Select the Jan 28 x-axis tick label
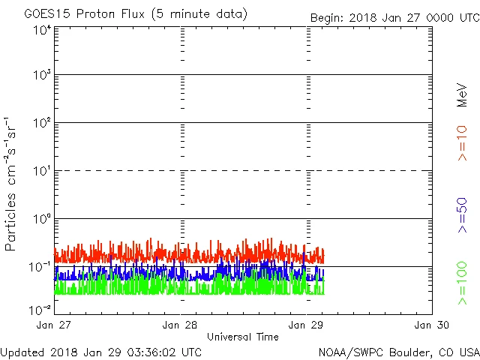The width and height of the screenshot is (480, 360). [x=181, y=325]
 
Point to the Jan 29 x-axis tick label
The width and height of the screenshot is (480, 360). [x=307, y=325]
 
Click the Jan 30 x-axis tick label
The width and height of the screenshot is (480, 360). [x=432, y=325]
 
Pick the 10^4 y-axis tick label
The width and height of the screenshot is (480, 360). [x=41, y=30]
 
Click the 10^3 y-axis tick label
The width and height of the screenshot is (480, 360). [x=41, y=75]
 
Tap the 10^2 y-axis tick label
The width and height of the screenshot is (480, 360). [x=41, y=123]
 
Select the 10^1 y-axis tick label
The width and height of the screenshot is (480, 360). [x=41, y=171]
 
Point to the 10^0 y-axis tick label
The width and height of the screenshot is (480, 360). [x=41, y=219]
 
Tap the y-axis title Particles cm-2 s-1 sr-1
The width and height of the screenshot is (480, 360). [x=13, y=183]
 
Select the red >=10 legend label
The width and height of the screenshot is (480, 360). [x=463, y=142]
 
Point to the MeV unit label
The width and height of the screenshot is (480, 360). [x=463, y=94]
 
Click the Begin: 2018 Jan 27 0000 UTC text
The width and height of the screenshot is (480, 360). [x=394, y=18]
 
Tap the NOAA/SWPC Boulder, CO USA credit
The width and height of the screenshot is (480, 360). [x=398, y=351]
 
